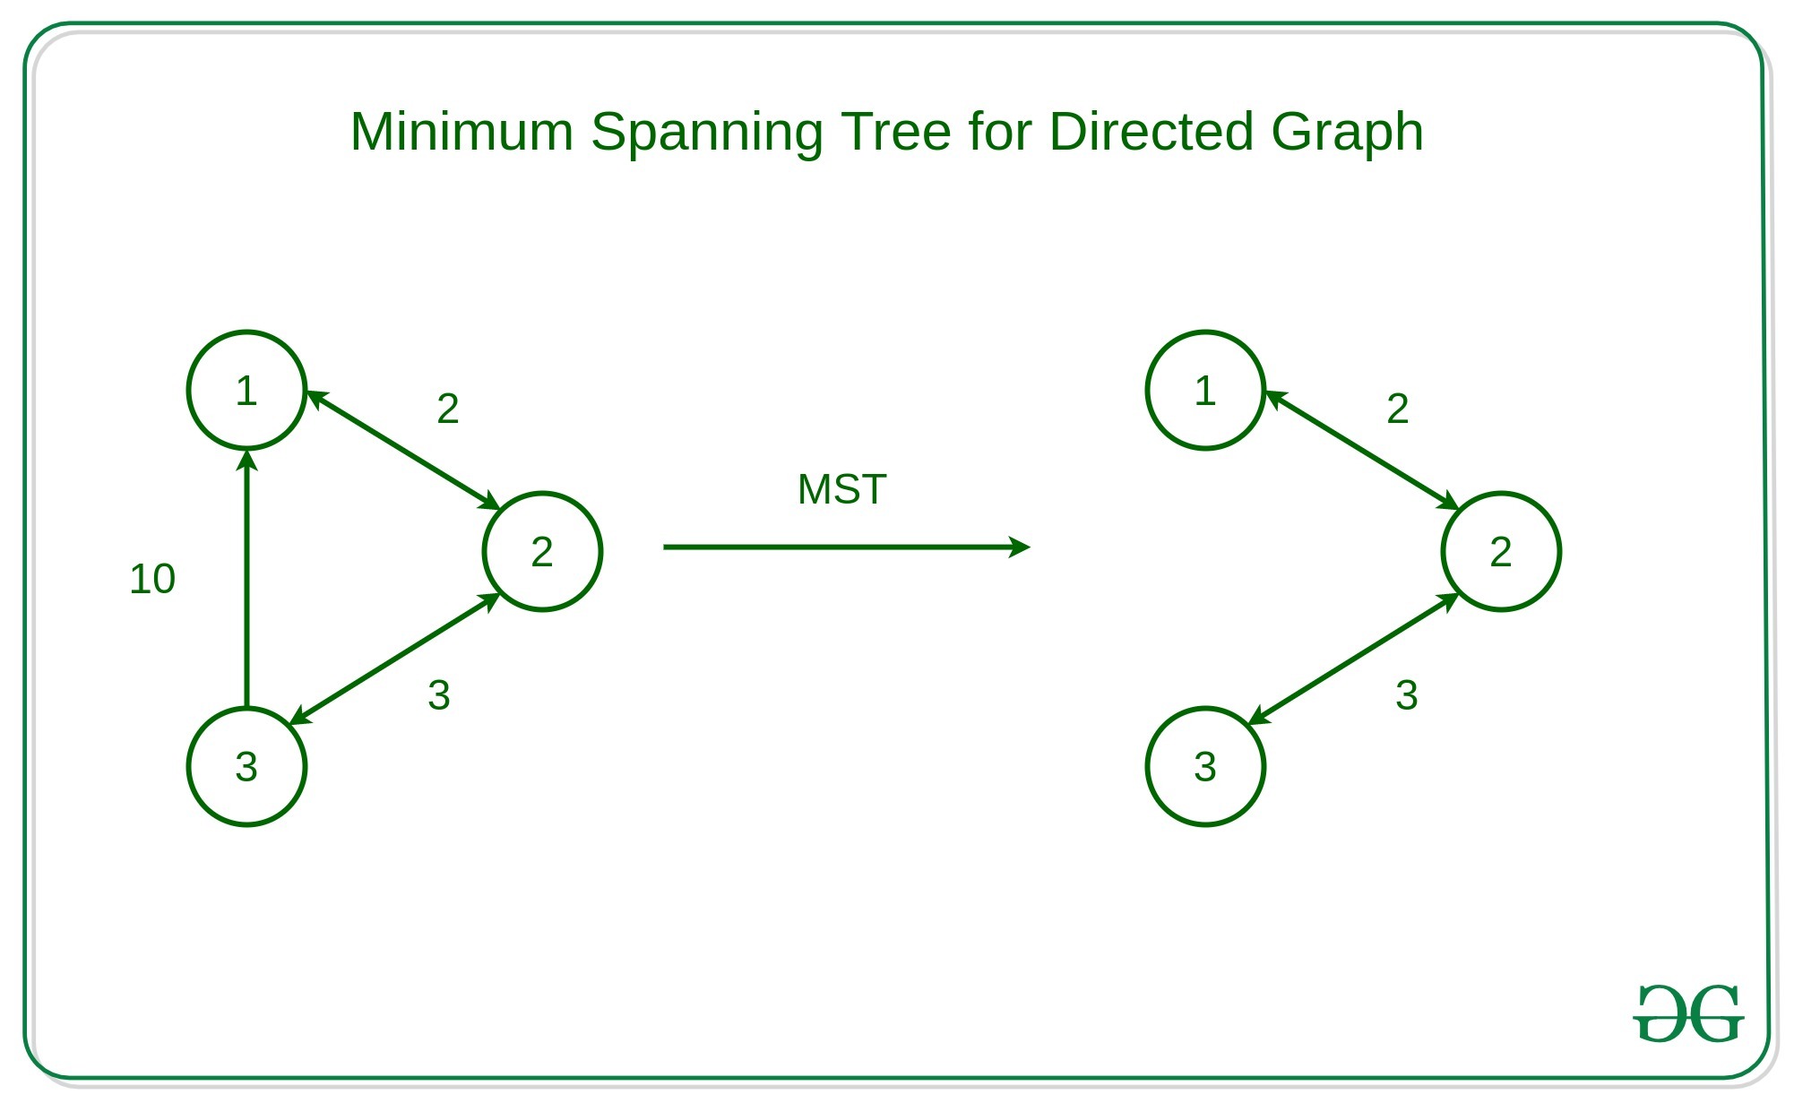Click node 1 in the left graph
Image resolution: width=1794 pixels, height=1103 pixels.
coord(246,391)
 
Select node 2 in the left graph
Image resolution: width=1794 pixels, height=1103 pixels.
coord(542,552)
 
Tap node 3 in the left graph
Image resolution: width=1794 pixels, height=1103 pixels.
coord(246,767)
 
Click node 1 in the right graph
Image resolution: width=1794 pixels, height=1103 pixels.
coord(1205,391)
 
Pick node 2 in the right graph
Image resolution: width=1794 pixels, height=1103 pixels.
coord(1501,552)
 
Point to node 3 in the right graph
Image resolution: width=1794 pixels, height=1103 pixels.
coord(1205,767)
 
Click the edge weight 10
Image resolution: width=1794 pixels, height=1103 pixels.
coord(152,579)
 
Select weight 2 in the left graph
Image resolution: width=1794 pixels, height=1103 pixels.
coord(448,409)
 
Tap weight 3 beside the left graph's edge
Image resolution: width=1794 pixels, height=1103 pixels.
coord(439,695)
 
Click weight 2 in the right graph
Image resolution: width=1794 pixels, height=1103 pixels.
coord(1398,409)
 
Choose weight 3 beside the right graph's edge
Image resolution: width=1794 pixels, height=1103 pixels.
coord(1407,695)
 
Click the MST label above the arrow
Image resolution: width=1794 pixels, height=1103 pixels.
coord(841,490)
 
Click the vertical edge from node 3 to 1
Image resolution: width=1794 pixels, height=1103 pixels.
coord(246,582)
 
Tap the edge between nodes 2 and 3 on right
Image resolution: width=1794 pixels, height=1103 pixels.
coord(1353,659)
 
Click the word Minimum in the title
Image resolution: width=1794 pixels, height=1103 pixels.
coord(461,132)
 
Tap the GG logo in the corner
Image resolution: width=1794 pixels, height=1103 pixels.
coord(1688,1013)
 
